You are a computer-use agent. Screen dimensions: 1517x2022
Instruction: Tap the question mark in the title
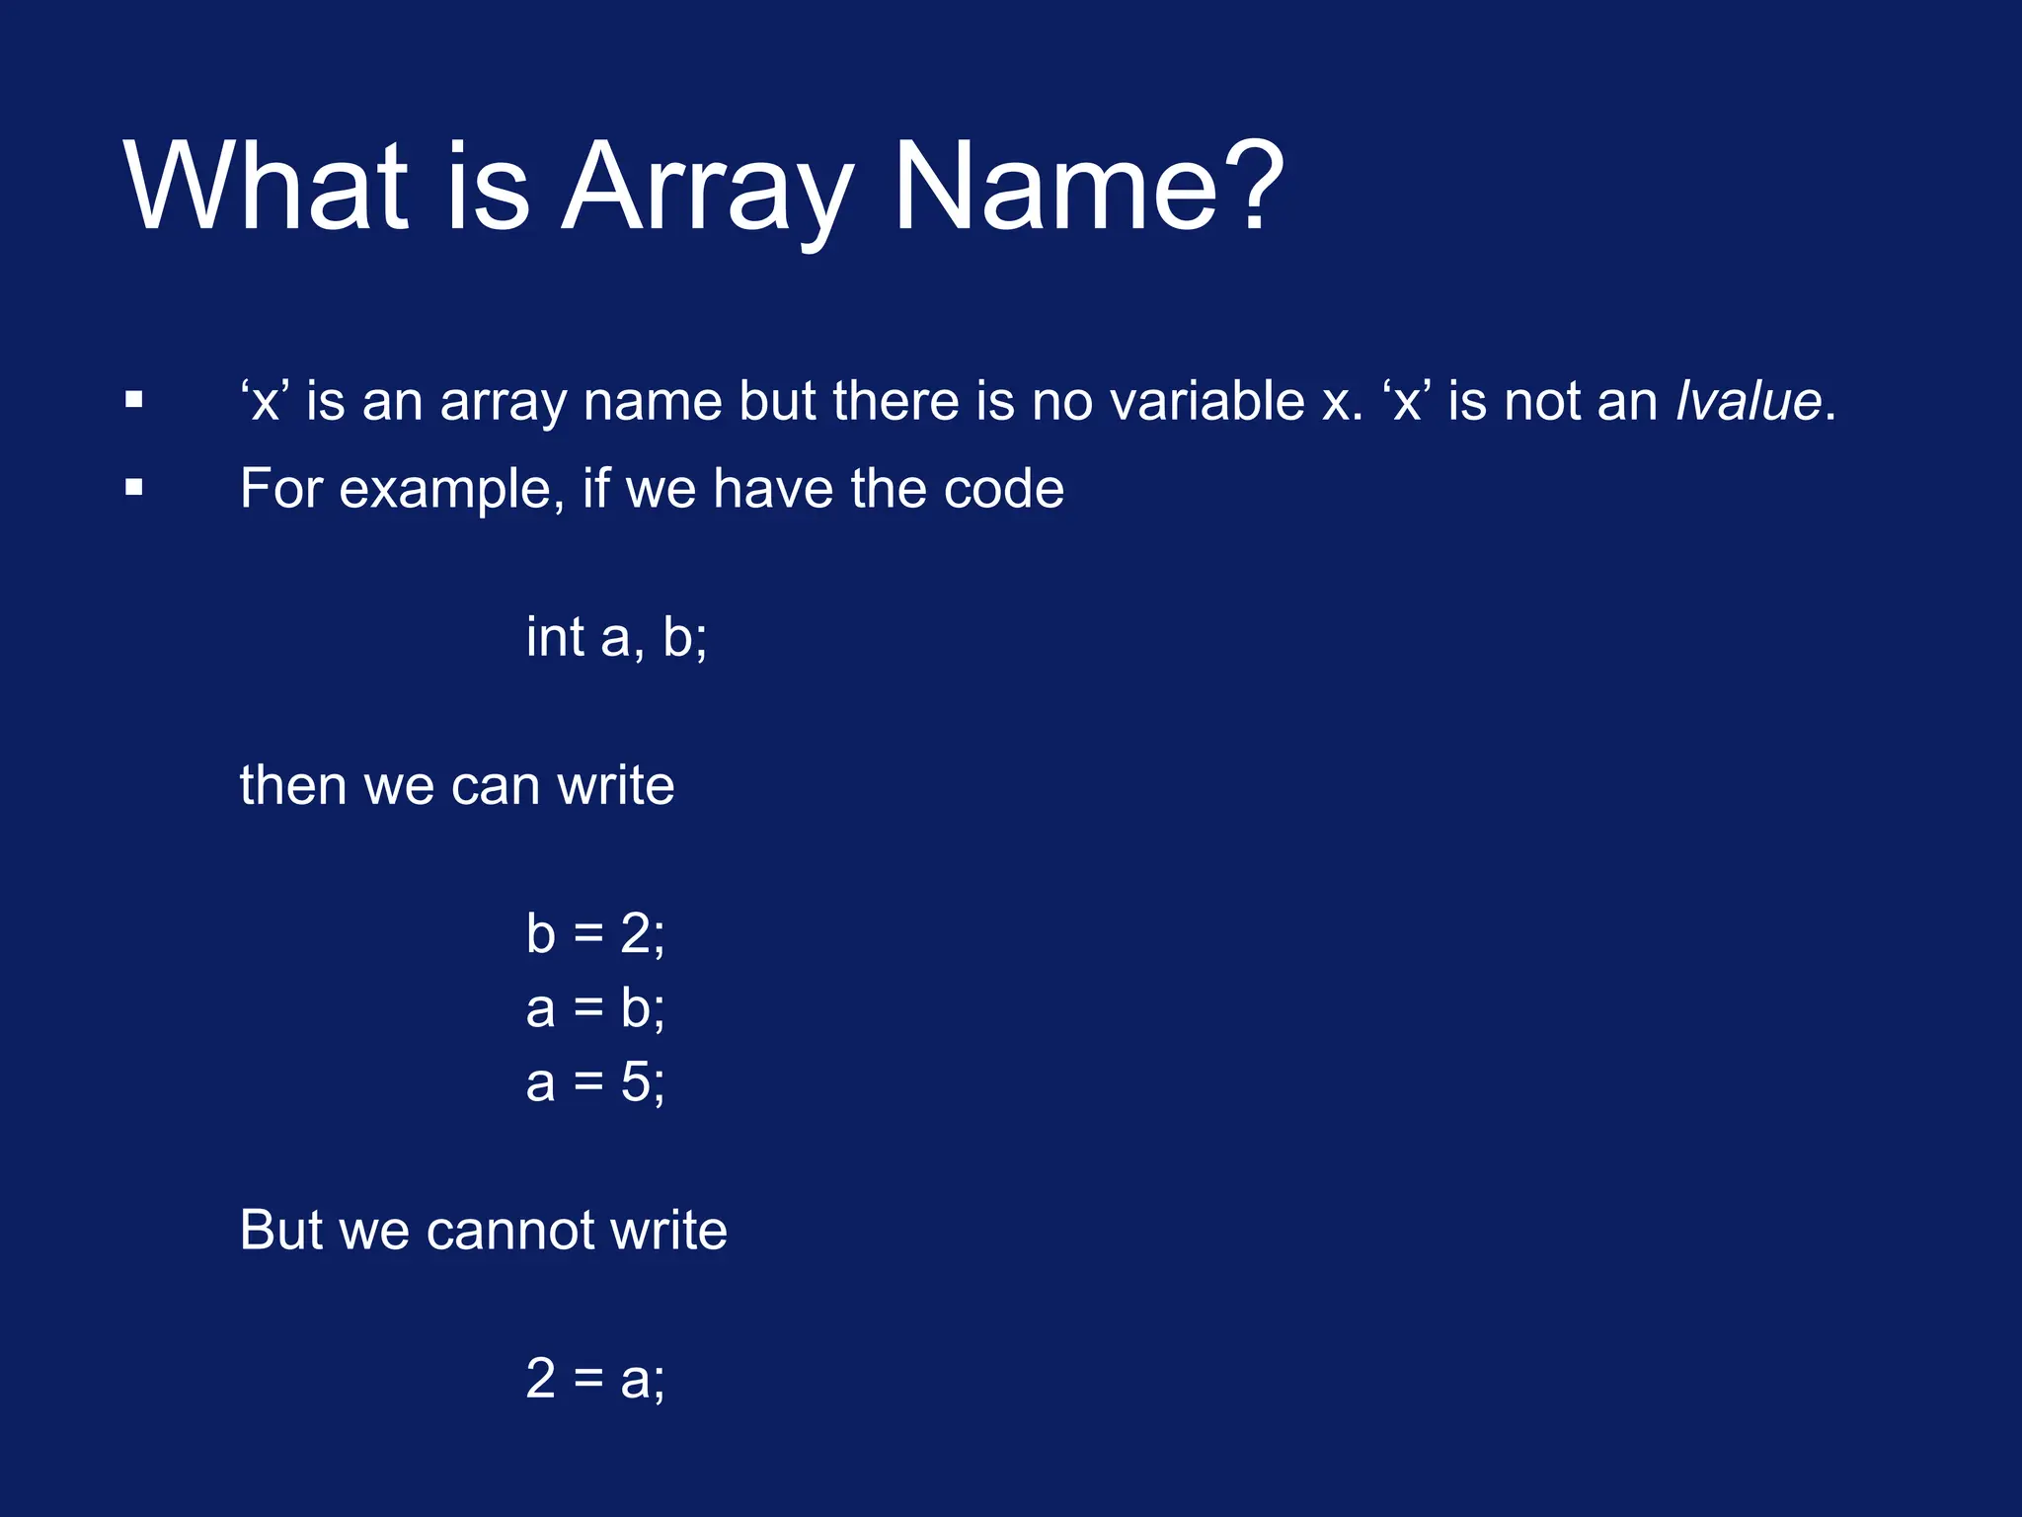point(1250,186)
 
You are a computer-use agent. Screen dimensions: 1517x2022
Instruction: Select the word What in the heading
point(265,186)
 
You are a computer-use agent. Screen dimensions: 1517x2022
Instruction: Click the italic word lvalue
point(1749,401)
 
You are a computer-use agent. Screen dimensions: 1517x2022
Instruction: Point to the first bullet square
point(134,401)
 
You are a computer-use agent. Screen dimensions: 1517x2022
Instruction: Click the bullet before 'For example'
point(134,488)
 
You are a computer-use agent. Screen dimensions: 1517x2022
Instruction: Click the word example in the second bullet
point(451,490)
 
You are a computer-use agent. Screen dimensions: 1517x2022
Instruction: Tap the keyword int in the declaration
point(555,636)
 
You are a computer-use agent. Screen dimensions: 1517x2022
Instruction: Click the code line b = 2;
point(595,933)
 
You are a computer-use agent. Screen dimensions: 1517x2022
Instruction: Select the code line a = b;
point(595,1008)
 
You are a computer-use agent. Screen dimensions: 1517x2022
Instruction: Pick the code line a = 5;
point(595,1082)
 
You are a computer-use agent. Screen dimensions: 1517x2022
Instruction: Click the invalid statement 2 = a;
point(595,1378)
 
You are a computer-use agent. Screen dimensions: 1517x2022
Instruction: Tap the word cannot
point(509,1231)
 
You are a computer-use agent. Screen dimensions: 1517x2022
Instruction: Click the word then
point(293,785)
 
